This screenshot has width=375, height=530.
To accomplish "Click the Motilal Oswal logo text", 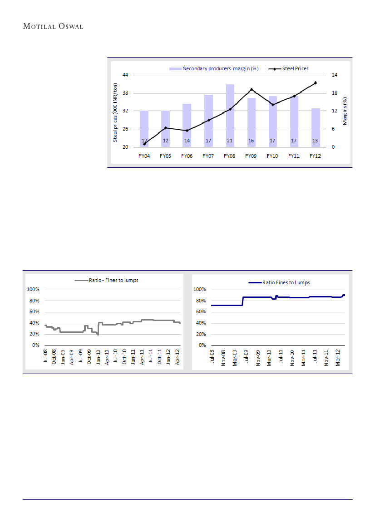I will (53, 26).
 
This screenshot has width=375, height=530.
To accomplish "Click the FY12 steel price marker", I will (315, 83).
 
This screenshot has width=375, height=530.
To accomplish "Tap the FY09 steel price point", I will (251, 89).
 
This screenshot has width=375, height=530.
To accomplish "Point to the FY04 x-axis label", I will (144, 156).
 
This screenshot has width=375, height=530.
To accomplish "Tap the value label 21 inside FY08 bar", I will (230, 141).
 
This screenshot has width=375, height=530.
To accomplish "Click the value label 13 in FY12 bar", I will (315, 141).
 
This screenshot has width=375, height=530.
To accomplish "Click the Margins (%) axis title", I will (345, 111).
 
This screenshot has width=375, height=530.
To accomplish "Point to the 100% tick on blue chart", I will (200, 289).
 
